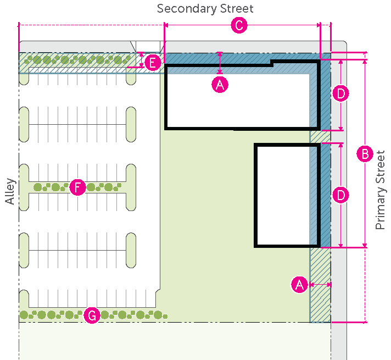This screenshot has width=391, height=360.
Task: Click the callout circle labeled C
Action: point(238,26)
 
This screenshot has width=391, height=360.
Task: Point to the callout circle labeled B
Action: point(364,154)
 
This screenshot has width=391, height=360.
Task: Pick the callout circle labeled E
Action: point(153,62)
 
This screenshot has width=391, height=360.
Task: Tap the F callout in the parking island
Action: point(77,187)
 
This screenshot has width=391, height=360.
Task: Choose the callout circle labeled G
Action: point(92,315)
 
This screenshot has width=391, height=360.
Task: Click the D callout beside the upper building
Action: point(341,94)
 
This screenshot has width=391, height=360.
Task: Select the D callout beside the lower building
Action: point(341,195)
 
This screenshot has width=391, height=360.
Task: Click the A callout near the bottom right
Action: point(299,285)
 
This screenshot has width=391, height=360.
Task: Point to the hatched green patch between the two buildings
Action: point(320,136)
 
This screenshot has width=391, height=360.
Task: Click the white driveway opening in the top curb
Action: point(147,46)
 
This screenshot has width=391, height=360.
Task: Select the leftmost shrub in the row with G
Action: point(24,315)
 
